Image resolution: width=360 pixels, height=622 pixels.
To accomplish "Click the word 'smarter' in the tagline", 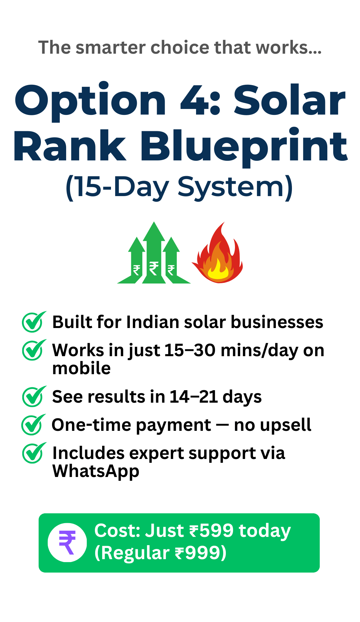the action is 110,47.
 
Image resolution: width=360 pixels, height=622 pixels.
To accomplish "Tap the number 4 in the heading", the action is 192,100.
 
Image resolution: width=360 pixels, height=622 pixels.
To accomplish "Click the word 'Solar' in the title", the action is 289,100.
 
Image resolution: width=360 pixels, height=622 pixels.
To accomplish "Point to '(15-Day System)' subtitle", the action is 179,188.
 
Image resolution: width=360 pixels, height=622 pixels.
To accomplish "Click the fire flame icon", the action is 218,252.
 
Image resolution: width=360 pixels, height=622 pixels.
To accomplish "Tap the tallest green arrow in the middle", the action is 154,252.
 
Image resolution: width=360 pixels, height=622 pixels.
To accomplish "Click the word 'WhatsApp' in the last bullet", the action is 96,472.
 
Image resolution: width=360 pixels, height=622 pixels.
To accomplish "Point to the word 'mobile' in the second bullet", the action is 81,368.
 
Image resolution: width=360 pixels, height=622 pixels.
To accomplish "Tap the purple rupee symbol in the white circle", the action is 67,542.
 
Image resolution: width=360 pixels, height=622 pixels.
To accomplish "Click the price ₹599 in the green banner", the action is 211,530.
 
